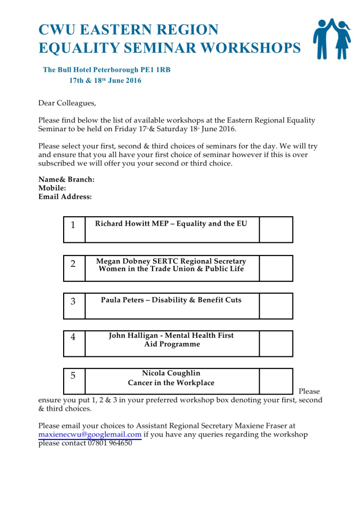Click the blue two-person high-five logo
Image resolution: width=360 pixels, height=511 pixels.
[x=332, y=39]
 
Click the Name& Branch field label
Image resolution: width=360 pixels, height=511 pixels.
[x=67, y=180]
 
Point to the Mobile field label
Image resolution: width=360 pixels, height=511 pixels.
[x=52, y=188]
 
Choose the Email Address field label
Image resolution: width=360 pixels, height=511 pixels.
[x=65, y=197]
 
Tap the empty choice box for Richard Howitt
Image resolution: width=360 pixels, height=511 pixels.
[x=276, y=230]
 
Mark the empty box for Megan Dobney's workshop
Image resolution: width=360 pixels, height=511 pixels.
[x=276, y=268]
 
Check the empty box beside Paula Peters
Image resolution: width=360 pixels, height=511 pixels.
[x=276, y=306]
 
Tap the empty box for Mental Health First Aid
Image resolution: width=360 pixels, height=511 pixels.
[x=276, y=344]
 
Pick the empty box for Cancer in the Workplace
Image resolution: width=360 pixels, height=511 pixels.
[x=276, y=381]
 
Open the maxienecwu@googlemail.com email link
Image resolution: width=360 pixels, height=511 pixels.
[x=90, y=435]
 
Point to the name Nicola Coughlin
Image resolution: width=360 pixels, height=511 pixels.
[x=171, y=373]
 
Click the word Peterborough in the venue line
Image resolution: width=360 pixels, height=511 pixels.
[x=113, y=70]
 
